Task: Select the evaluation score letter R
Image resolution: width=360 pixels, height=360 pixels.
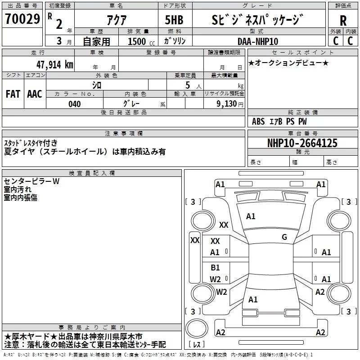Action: pyautogui.click(x=343, y=21)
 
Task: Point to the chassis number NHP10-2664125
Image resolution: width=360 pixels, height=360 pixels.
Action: pyautogui.click(x=302, y=143)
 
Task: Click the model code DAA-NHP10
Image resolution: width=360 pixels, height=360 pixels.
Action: pyautogui.click(x=258, y=41)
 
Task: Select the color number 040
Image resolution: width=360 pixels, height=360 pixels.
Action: pyautogui.click(x=74, y=104)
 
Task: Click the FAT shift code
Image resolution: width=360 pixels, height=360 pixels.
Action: pyautogui.click(x=13, y=94)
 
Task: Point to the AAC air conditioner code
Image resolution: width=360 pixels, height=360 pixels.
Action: pyautogui.click(x=34, y=94)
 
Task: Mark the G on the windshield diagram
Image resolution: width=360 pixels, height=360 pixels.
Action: pyautogui.click(x=284, y=237)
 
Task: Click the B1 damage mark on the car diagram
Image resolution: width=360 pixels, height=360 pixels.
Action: pyautogui.click(x=215, y=268)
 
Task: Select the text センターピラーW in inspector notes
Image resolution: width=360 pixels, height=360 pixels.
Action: pyautogui.click(x=31, y=181)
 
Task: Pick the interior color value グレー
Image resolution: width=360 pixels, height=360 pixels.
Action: pyautogui.click(x=130, y=104)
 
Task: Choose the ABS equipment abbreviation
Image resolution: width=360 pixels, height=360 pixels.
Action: pyautogui.click(x=258, y=121)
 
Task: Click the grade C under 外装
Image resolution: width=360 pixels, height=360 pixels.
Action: pyautogui.click(x=335, y=40)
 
